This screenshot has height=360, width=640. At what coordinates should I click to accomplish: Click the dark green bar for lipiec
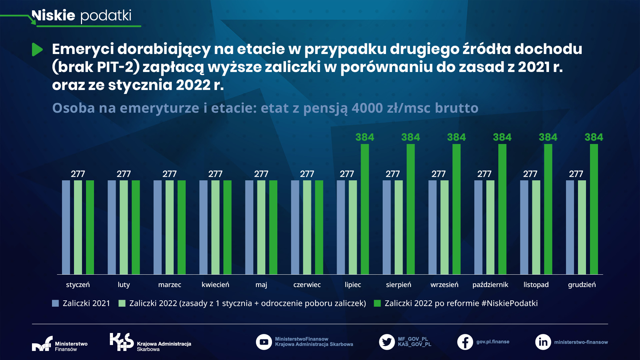365,209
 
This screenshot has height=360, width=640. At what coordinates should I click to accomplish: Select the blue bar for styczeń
66,227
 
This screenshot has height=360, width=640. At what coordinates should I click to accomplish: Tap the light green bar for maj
261,227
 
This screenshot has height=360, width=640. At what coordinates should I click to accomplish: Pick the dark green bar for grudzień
594,209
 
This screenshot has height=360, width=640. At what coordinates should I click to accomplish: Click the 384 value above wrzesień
456,137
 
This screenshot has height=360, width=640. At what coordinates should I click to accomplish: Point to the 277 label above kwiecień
215,174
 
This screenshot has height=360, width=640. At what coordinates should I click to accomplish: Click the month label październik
490,285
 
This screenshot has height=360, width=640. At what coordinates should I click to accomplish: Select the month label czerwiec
307,285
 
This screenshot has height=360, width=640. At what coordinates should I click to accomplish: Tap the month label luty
124,285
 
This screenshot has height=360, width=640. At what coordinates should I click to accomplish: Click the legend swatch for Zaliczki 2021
55,303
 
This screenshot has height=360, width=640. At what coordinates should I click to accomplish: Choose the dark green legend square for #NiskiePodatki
377,303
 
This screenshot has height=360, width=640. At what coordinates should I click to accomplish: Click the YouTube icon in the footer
264,342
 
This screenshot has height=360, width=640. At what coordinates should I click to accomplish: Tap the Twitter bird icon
387,342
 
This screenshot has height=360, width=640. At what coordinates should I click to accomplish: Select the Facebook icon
465,342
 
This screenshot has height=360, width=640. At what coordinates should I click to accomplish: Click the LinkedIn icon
543,342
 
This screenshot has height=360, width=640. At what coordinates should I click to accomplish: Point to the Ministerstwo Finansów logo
42,344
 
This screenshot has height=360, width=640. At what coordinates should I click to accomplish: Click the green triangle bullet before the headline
37,50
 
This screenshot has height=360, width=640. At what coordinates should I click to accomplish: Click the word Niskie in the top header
53,15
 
